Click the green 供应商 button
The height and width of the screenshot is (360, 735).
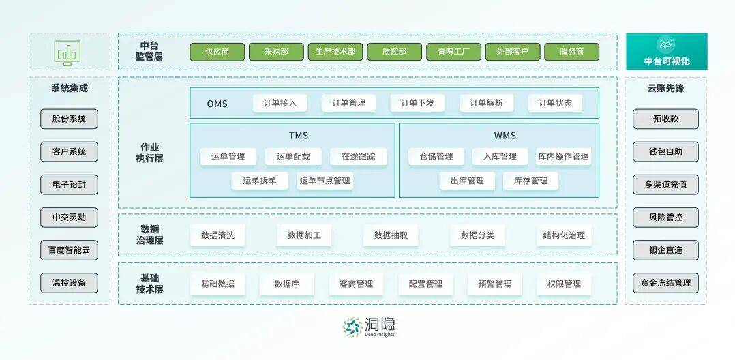click(x=217, y=52)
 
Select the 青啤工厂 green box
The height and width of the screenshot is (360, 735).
click(x=453, y=52)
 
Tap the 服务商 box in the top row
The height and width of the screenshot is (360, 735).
click(x=572, y=52)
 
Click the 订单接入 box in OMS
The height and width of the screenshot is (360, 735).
click(x=280, y=103)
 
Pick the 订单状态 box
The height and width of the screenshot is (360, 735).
click(x=555, y=103)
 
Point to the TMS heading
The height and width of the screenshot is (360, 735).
click(x=299, y=136)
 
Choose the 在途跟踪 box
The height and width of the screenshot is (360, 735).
click(x=358, y=157)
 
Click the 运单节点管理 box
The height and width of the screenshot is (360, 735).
click(x=325, y=181)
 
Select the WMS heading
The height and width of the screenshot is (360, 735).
click(x=505, y=136)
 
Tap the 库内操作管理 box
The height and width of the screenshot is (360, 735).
click(x=563, y=157)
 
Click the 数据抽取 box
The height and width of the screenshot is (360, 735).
click(x=391, y=235)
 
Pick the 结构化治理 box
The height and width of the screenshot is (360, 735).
click(x=564, y=235)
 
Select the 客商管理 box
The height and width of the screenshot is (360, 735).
click(x=356, y=284)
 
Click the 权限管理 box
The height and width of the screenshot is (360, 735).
click(x=564, y=284)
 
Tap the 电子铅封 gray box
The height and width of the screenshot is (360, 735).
click(x=69, y=185)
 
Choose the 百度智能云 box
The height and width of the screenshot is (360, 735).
click(x=69, y=250)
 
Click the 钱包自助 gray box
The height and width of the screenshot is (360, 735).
click(x=665, y=152)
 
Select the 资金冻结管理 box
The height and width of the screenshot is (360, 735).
click(x=665, y=283)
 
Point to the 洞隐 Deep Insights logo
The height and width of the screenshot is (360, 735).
click(x=368, y=327)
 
